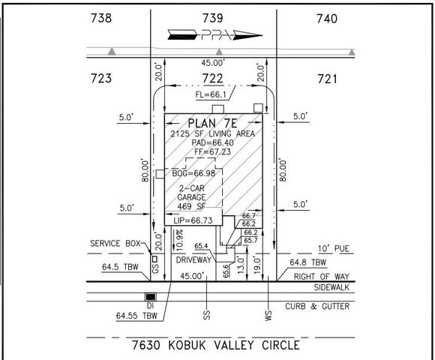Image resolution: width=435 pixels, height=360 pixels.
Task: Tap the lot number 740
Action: click(x=327, y=17)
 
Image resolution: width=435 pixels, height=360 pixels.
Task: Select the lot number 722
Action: click(x=215, y=79)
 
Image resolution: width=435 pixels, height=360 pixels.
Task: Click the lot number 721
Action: click(x=327, y=79)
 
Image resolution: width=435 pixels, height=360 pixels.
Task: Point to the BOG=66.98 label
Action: click(x=193, y=173)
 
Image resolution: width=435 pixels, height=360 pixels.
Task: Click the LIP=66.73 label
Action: click(x=197, y=220)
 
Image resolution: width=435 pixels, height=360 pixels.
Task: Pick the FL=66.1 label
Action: click(x=212, y=96)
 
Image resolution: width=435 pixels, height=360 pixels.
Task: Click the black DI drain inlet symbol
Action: click(x=150, y=296)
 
